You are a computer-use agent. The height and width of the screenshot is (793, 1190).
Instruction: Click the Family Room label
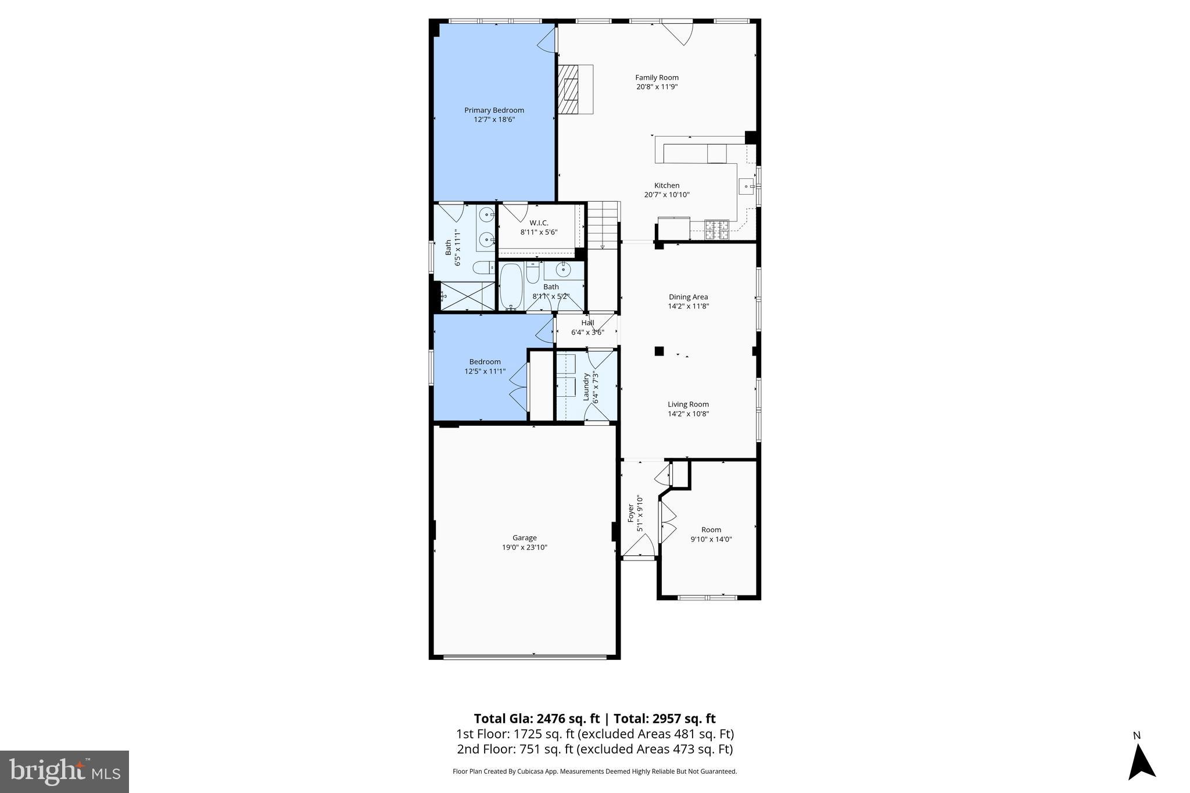[x=657, y=77]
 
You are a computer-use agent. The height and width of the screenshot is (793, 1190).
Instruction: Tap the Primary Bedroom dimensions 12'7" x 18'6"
[x=494, y=120]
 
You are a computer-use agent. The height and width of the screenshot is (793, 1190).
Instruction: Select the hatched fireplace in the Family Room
[x=568, y=89]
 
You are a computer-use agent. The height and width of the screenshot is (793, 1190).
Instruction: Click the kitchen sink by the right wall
[x=747, y=186]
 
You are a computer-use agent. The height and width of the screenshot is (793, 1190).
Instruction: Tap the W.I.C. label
[x=539, y=223]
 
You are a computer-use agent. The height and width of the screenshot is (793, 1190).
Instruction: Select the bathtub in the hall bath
[x=512, y=286]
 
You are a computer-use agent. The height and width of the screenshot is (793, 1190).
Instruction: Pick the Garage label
[x=524, y=538]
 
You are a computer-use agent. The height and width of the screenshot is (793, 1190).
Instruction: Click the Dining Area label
[x=688, y=297]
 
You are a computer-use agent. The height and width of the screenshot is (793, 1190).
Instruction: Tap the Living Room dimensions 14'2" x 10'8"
[x=688, y=414]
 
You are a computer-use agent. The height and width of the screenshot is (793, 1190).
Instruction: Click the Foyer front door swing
[x=641, y=545]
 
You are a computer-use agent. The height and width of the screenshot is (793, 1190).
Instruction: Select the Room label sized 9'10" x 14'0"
[x=711, y=530]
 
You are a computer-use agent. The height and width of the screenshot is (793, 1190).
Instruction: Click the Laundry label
[x=586, y=386]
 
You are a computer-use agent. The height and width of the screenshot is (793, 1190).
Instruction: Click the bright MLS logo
[x=64, y=772]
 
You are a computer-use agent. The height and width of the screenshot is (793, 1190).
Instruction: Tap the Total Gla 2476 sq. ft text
[x=536, y=719]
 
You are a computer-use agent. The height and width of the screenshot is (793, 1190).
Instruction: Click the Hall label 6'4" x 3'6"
[x=587, y=323]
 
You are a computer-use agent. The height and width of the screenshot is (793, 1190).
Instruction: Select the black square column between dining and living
[x=659, y=351]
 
